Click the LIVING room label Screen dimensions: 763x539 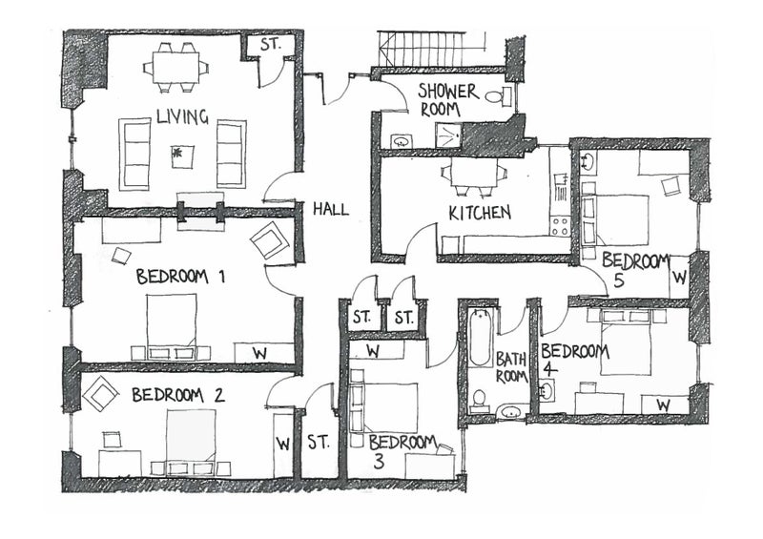click(x=182, y=116)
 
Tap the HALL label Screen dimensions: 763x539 click(x=331, y=209)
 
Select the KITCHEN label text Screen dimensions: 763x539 click(x=480, y=213)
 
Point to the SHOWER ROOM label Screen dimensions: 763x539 click(x=446, y=100)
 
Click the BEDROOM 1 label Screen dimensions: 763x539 click(x=180, y=277)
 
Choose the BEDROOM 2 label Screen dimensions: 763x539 click(x=178, y=395)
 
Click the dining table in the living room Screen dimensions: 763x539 click(x=175, y=67)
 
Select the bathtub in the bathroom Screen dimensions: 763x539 click(x=480, y=338)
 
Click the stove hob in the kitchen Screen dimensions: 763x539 click(x=559, y=225)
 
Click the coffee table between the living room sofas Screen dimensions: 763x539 click(x=182, y=156)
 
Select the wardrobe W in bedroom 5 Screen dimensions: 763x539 click(x=680, y=278)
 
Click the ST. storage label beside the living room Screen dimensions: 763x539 click(x=271, y=45)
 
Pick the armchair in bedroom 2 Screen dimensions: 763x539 click(x=101, y=393)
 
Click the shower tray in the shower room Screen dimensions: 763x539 click(x=448, y=135)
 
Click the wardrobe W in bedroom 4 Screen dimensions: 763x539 click(x=664, y=404)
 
